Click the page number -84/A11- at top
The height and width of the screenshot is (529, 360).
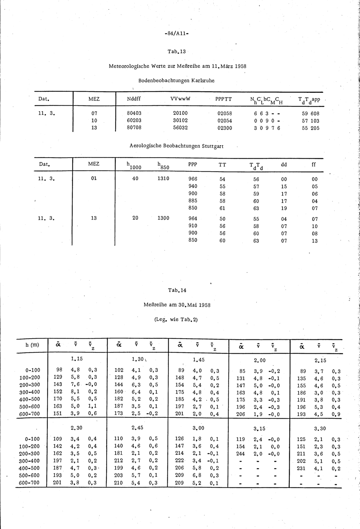point(176,35)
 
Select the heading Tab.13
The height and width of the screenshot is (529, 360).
point(176,51)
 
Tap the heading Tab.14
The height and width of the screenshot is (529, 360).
point(177,290)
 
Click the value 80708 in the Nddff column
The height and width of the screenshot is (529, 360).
point(134,127)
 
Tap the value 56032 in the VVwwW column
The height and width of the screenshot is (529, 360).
point(180,127)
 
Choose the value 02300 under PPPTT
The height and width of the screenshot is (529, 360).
point(225,128)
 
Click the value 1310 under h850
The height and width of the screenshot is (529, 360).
point(163,178)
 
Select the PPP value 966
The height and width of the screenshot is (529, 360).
point(193,179)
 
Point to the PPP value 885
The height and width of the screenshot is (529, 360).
point(193,201)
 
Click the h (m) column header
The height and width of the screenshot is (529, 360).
point(32,345)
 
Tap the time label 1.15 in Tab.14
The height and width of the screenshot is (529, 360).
point(77,359)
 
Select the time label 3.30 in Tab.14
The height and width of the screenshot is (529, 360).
point(320,429)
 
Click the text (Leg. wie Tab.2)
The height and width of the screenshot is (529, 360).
point(176,319)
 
